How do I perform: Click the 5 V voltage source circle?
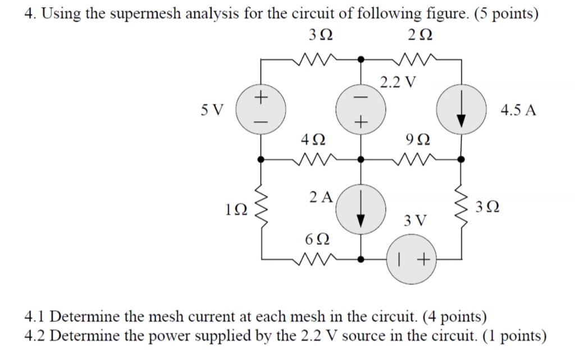260,110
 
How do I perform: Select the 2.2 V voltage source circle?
360,110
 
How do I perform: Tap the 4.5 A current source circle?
461,110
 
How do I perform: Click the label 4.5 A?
518,110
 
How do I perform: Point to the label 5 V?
212,110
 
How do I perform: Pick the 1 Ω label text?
235,209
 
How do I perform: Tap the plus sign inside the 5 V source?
259,98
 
